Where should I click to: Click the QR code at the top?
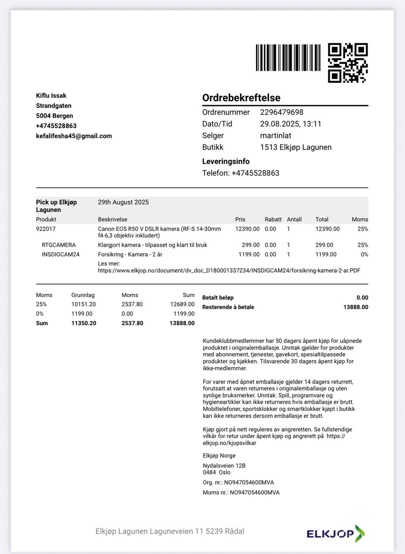point(348,62)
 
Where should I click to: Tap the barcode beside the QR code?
point(288,58)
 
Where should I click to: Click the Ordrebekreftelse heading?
point(241,98)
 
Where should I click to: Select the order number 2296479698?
point(281,112)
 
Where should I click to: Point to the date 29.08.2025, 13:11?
point(290,124)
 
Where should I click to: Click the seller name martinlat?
point(275,135)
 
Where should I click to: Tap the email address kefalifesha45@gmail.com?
point(74,136)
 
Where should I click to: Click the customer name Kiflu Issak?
point(51,96)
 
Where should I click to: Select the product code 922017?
point(46,229)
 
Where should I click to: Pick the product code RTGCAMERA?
point(59,245)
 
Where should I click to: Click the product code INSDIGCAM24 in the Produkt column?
point(60,254)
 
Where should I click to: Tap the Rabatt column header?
point(273,219)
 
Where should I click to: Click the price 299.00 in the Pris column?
point(251,245)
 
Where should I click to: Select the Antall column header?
point(294,219)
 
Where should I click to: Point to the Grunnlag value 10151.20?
point(84,304)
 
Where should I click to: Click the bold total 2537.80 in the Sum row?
point(132,323)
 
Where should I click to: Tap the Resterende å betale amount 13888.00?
point(356,307)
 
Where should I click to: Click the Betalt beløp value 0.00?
point(362,297)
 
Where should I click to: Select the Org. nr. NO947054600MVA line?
point(238,482)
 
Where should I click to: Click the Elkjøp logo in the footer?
point(335,534)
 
